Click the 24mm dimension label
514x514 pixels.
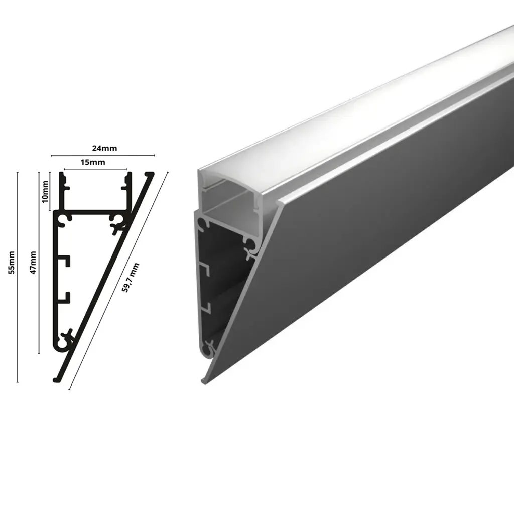tap(104, 148)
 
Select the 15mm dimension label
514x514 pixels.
tap(93, 162)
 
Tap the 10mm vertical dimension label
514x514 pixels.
tap(46, 191)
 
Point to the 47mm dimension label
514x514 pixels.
tap(33, 262)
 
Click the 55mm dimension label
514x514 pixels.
tap(12, 262)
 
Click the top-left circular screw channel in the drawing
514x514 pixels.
tap(66, 218)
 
